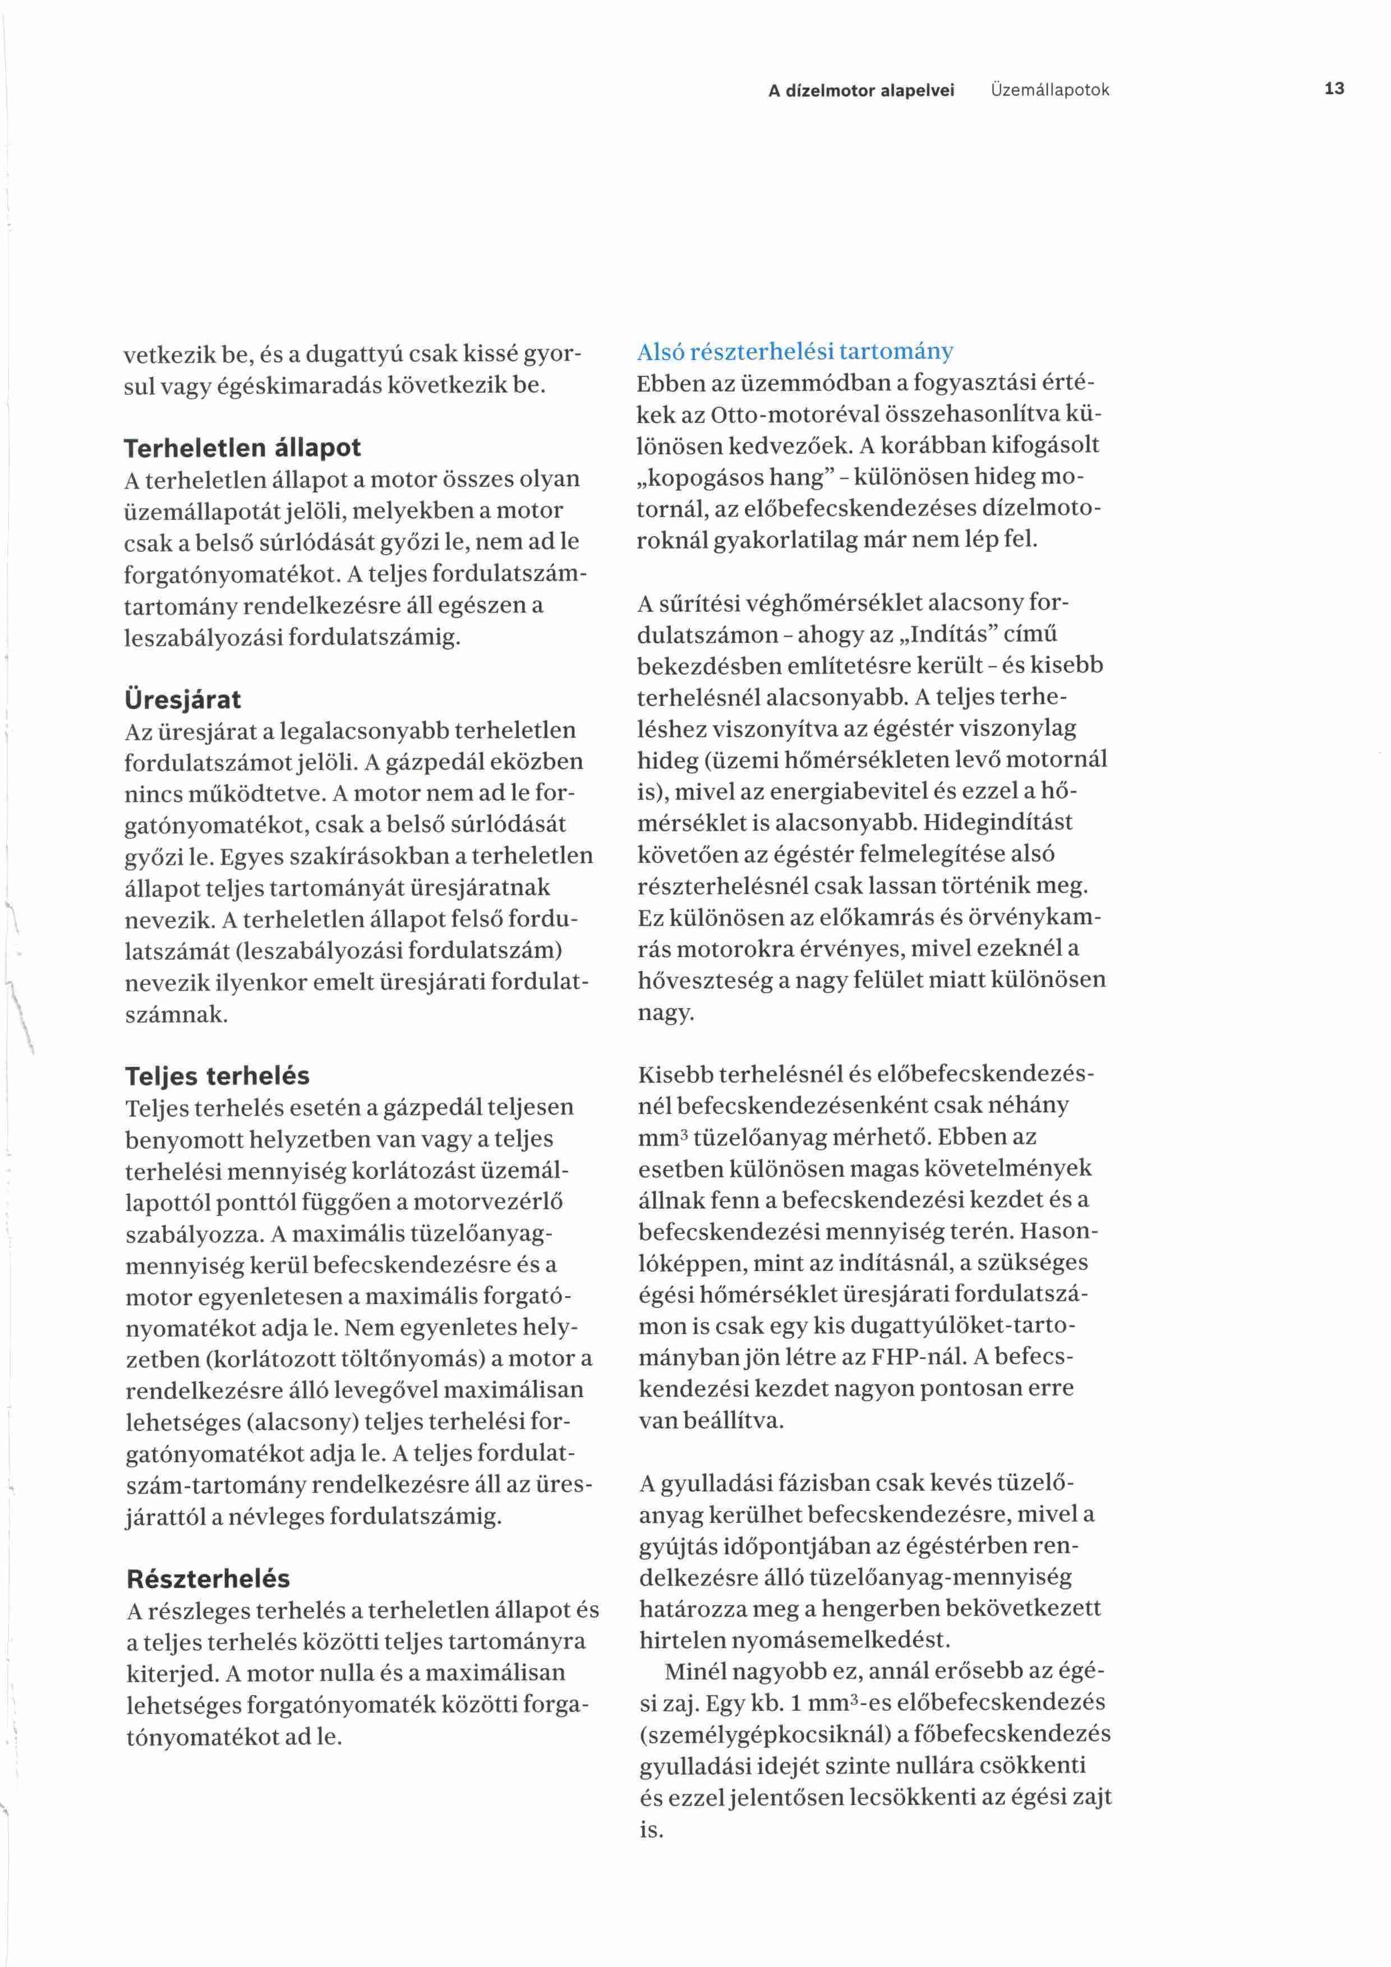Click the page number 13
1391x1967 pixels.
click(1334, 88)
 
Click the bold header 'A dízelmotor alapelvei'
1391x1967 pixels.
click(861, 90)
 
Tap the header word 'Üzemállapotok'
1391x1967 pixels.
click(1049, 90)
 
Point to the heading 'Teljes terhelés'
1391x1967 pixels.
click(218, 1075)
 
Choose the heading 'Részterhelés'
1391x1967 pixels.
click(208, 1578)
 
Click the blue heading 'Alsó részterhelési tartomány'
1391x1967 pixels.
click(795, 351)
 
